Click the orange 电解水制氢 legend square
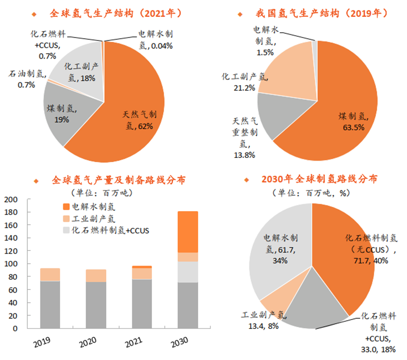[66, 206]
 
